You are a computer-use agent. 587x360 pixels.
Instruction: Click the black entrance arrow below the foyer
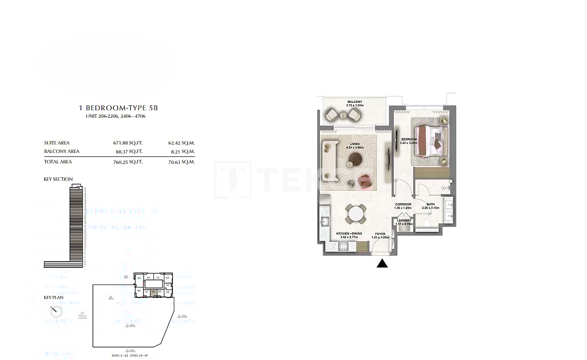[x=382, y=264]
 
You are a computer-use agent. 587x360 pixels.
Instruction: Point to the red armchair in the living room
[x=365, y=181]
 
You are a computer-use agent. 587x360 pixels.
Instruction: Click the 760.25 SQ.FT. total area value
[x=128, y=161]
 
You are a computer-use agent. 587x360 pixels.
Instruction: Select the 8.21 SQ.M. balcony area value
[x=181, y=151]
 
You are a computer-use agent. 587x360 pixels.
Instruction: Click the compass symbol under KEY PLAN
[x=57, y=311]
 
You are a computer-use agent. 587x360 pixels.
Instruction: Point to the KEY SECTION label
[x=58, y=179]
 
